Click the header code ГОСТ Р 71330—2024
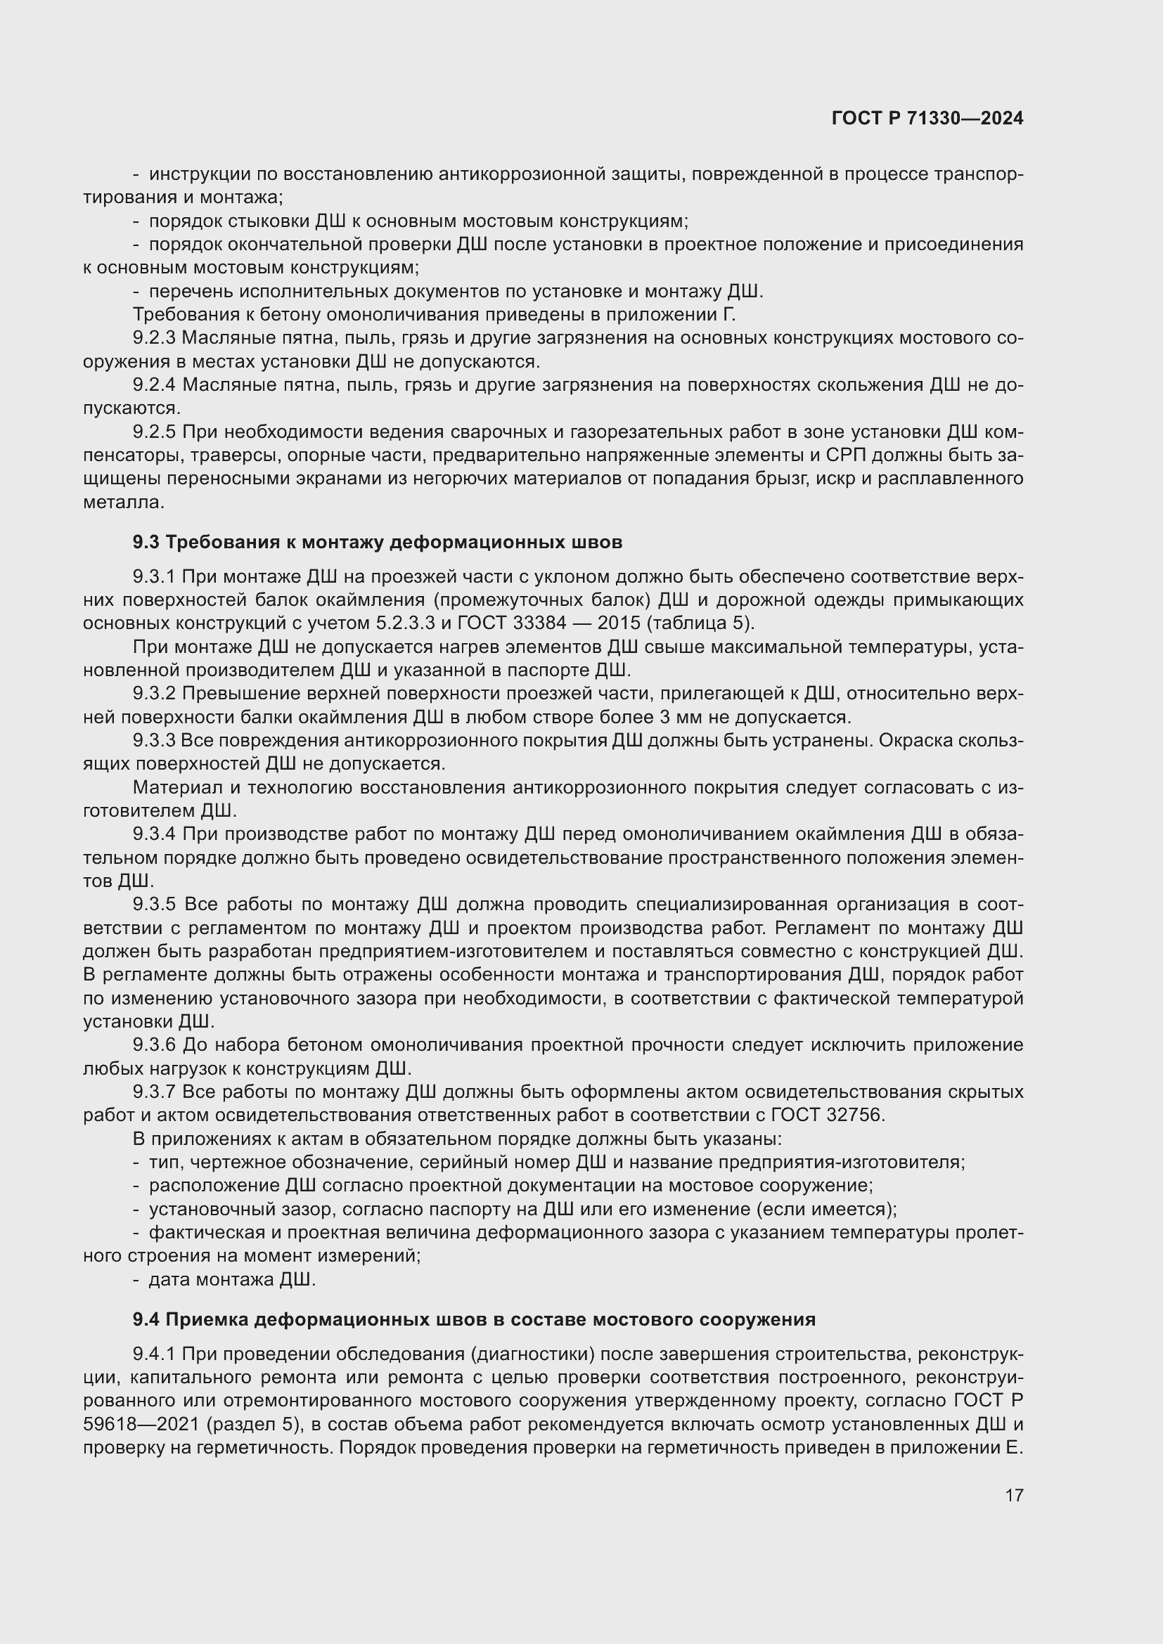927,119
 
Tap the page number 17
1014,1495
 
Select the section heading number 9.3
146,543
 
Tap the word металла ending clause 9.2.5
123,503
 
